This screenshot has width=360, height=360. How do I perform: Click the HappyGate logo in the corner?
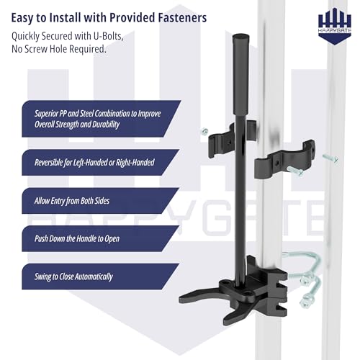[335, 26]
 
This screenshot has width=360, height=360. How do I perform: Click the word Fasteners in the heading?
[182, 18]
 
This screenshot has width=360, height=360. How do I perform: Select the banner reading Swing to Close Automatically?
[101, 276]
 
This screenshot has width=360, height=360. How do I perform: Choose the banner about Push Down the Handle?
[101, 238]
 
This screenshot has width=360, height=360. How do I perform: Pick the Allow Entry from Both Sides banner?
[101, 201]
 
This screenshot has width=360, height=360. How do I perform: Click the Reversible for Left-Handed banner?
[101, 162]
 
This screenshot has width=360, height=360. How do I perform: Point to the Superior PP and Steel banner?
[101, 119]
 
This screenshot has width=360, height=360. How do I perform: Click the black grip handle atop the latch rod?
[240, 75]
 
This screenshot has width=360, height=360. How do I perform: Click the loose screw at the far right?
[330, 158]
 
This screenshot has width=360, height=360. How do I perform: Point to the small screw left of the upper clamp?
[204, 131]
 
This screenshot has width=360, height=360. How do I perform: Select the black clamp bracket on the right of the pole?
[284, 160]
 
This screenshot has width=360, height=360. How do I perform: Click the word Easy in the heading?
[23, 18]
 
